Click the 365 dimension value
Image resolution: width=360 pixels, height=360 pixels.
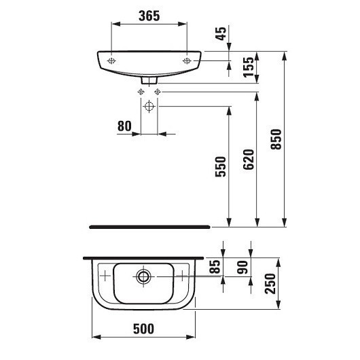click(x=149, y=16)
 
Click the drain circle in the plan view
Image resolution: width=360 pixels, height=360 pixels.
click(x=143, y=276)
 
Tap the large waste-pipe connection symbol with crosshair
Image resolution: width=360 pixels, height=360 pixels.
click(x=149, y=107)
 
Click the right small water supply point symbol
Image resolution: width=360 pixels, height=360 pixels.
click(x=158, y=91)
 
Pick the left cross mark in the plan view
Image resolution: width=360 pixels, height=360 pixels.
click(x=105, y=276)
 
